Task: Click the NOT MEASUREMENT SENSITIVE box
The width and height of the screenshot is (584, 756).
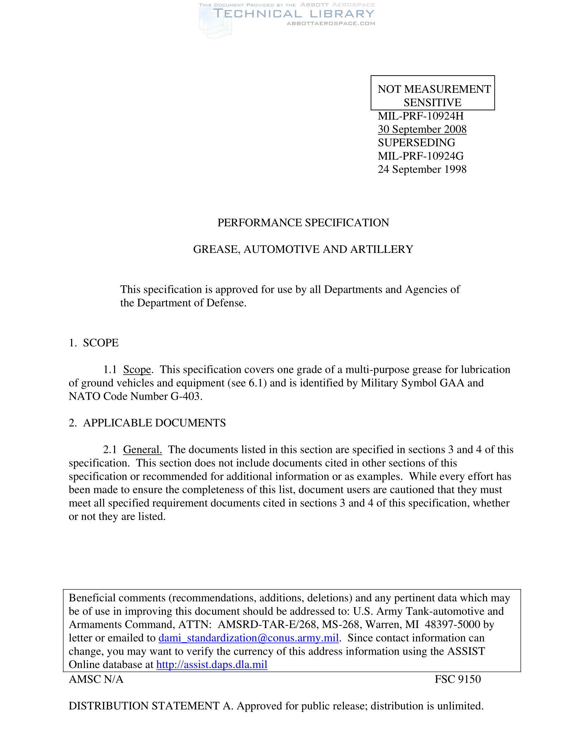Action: coord(433,93)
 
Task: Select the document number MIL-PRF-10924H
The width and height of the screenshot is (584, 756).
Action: coord(420,116)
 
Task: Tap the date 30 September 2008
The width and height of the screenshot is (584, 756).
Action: coord(422,129)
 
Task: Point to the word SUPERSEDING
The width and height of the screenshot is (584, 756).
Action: coord(416,143)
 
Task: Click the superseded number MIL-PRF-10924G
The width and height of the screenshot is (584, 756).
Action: coord(420,156)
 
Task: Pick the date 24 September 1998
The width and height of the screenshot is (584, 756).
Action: coord(422,169)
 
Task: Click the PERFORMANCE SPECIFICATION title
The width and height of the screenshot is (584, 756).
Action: coord(303,223)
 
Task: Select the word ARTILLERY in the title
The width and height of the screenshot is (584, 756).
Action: coord(382,249)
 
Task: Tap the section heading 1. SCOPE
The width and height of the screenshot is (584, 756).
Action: coord(94,343)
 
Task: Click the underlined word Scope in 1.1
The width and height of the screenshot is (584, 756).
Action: coord(137,370)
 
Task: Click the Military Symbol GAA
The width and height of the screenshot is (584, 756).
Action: coord(451,383)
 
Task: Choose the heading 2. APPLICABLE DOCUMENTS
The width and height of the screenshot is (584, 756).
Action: coord(147,423)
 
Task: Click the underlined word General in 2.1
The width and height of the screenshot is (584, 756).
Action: coord(142,450)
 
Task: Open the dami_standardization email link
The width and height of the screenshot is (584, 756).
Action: coord(248,638)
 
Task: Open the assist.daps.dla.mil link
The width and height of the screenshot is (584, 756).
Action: coord(212,665)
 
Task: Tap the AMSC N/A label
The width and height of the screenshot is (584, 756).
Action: coord(96,679)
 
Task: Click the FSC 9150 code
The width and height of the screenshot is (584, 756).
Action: coord(457,679)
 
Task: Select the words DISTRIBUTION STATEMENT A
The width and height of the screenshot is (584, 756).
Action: coord(150,706)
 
